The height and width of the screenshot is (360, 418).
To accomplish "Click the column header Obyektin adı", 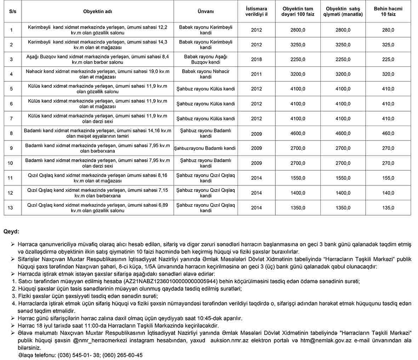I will coord(98,11).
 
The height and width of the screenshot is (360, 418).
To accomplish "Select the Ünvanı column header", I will coord(206,11).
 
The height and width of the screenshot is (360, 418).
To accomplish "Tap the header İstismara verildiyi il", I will coord(256,11).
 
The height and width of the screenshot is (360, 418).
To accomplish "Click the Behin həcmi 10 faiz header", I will coord(388,11).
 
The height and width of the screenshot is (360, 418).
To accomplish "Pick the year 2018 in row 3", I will coord(256,59).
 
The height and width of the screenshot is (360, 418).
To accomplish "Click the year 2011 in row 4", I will coord(256,74).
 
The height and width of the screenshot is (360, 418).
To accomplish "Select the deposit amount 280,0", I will coord(388,30).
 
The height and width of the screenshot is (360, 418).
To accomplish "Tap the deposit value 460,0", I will coord(388,133).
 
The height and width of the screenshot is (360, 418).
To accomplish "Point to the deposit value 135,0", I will coord(388,208).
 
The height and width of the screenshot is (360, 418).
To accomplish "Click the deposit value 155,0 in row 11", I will coord(388,178).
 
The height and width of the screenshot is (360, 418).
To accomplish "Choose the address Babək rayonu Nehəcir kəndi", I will coord(206,74).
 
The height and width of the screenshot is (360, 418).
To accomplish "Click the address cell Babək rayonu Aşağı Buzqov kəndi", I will coord(206,59).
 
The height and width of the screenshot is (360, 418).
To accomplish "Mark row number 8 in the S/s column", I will coord(11,133).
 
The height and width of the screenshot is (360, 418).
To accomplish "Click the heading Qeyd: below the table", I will coord(11,232).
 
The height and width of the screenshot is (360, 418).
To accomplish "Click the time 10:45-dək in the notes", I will coord(228,318).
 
